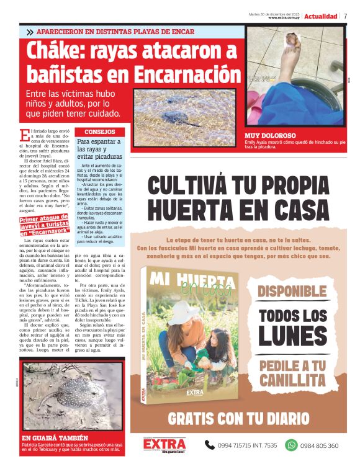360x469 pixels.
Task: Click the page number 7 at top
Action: pyautogui.click(x=345, y=16)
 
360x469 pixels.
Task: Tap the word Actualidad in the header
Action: pyautogui.click(x=321, y=16)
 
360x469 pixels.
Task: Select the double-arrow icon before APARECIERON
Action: pyautogui.click(x=30, y=32)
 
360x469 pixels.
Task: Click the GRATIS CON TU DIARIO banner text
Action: pyautogui.click(x=238, y=418)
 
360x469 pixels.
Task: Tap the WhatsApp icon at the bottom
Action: pyautogui.click(x=291, y=445)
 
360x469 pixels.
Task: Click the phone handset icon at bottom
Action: pyautogui.click(x=210, y=445)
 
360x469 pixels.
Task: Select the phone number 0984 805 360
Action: pyautogui.click(x=320, y=445)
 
